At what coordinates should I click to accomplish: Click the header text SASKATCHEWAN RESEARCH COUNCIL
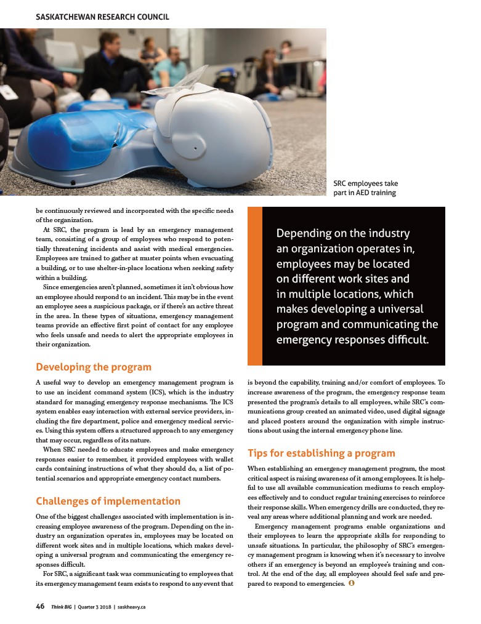pos(102,17)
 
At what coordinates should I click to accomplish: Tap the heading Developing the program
pos(93,367)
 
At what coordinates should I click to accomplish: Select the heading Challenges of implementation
pos(108,501)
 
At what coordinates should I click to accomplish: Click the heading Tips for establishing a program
pos(321,454)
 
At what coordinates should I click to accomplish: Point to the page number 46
pos(40,606)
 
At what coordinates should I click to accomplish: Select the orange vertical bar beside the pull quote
pos(254,286)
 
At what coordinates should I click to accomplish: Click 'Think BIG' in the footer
pos(62,607)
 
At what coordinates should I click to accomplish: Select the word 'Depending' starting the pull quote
pos(302,234)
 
